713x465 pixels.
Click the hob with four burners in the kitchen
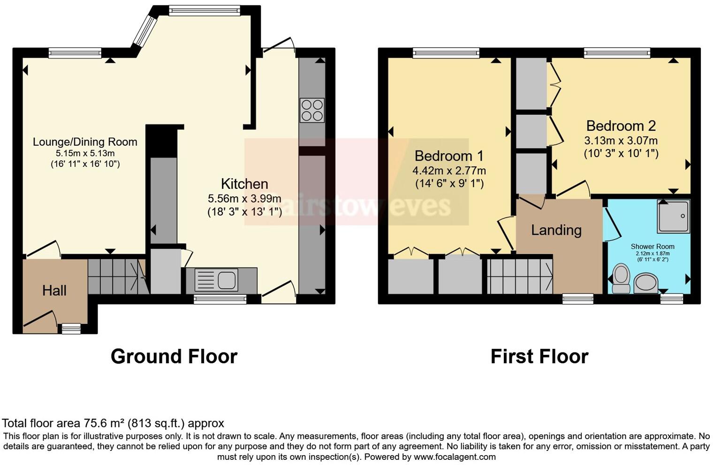pyautogui.click(x=312, y=110)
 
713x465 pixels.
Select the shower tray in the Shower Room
pyautogui.click(x=674, y=216)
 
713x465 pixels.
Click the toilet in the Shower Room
pyautogui.click(x=621, y=278)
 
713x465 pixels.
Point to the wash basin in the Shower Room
pyautogui.click(x=646, y=283)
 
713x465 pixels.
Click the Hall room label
pyautogui.click(x=54, y=291)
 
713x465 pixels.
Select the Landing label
pyautogui.click(x=556, y=230)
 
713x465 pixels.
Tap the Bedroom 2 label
pyautogui.click(x=621, y=126)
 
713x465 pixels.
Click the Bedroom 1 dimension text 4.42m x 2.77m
pyautogui.click(x=449, y=171)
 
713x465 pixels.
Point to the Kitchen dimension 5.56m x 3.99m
pyautogui.click(x=244, y=199)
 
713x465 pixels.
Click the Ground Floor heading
pyautogui.click(x=174, y=357)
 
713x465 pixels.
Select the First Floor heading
pyautogui.click(x=539, y=357)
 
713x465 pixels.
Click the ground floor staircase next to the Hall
pyautogui.click(x=115, y=277)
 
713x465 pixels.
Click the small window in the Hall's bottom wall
pyautogui.click(x=71, y=329)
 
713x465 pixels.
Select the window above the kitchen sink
pyautogui.click(x=220, y=299)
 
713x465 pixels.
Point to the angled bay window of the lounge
pyautogui.click(x=144, y=31)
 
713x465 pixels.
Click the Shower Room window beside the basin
pyautogui.click(x=672, y=299)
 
